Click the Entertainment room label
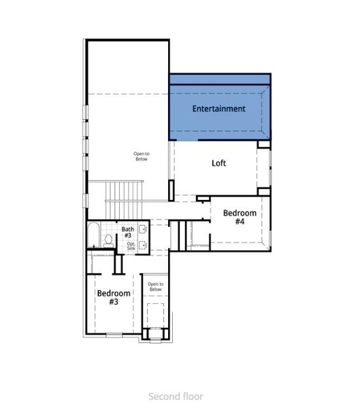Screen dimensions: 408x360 click(218, 109)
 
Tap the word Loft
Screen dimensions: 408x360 click(218, 163)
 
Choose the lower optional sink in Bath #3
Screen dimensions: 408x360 click(144, 245)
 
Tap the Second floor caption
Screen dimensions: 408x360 click(176, 396)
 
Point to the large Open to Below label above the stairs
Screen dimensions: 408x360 click(141, 156)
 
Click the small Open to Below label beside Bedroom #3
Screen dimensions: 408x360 click(155, 286)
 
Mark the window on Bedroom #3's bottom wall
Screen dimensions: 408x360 click(114, 335)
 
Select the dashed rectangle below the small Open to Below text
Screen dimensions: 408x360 click(156, 315)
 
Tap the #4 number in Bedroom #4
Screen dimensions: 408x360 click(240, 222)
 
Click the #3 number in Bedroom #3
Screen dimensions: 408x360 click(113, 301)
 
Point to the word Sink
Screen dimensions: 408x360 click(131, 249)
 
